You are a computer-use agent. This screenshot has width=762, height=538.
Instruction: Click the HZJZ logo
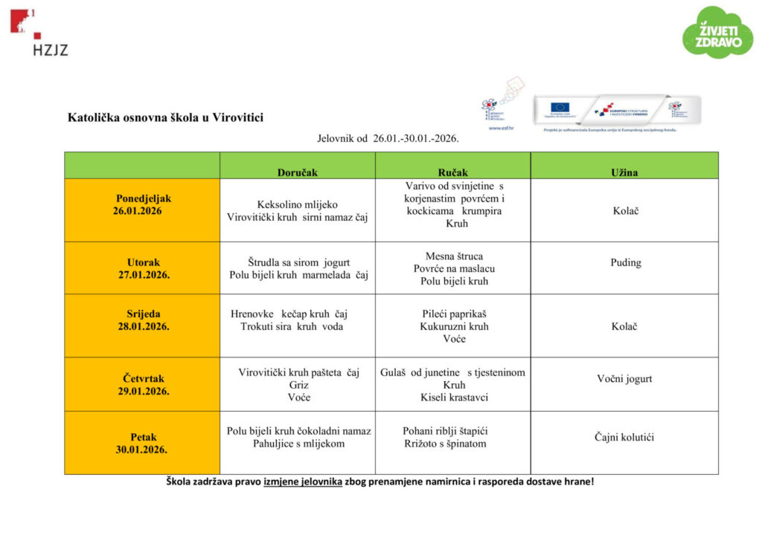point(39,33)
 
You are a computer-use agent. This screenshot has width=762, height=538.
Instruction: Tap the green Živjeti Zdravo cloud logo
point(717,33)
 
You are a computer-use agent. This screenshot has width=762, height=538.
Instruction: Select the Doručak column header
point(297,172)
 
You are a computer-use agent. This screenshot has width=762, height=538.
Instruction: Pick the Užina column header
point(624,172)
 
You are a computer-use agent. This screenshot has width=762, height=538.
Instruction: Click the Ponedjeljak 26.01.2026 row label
point(142,204)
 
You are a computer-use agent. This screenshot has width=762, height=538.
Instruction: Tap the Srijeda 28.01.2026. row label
point(143,320)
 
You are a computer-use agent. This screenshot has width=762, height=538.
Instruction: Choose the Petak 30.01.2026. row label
point(141,443)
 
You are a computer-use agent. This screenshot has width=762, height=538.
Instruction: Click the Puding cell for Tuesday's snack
point(625,262)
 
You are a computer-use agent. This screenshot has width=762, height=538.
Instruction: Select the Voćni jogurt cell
point(624,378)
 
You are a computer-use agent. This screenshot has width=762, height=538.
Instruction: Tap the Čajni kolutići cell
point(624,437)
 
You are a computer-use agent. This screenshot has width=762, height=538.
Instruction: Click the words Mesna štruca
point(453,256)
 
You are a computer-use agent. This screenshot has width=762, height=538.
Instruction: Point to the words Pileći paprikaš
point(453,314)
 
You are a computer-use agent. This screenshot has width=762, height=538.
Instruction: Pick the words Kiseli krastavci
point(453,398)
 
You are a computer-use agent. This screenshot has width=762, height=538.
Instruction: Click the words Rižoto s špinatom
point(445,444)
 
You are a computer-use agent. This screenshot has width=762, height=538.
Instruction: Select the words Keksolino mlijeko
point(297,204)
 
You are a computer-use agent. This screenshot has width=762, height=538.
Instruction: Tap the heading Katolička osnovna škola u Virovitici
point(165,117)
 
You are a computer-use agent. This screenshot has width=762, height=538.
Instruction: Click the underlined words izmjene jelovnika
point(302,482)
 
